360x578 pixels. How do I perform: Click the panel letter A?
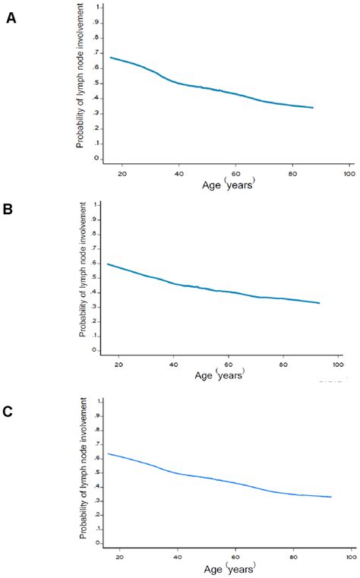tap(11, 17)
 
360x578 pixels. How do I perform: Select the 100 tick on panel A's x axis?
tap(349, 174)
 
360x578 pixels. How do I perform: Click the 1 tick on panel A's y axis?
tap(97, 8)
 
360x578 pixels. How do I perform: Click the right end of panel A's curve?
tap(313, 108)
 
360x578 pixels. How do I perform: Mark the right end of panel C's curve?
tap(331, 497)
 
